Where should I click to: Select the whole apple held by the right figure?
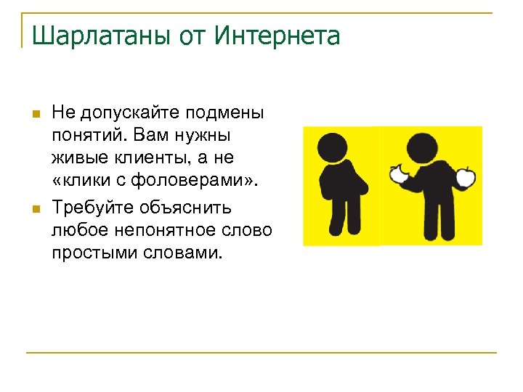tap(466, 176)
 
